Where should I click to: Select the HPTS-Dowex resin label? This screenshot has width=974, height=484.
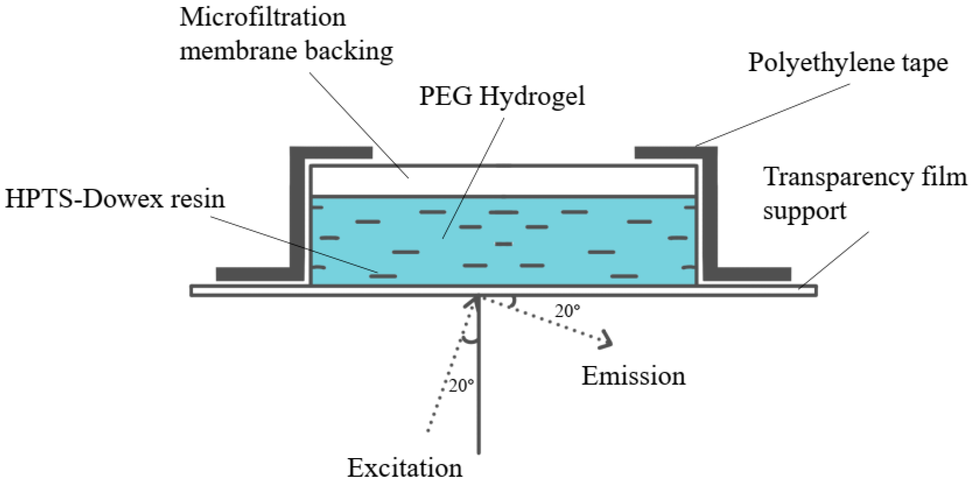click(115, 199)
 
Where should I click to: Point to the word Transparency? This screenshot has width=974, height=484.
click(832, 177)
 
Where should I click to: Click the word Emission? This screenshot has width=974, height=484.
click(633, 376)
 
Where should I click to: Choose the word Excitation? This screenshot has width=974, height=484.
click(405, 468)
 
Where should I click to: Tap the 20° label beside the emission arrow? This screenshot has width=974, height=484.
click(567, 311)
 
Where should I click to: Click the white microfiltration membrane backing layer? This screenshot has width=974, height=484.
click(503, 181)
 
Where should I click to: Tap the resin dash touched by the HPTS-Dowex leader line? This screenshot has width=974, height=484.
click(384, 276)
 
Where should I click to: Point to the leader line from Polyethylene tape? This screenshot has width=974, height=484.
click(771, 115)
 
